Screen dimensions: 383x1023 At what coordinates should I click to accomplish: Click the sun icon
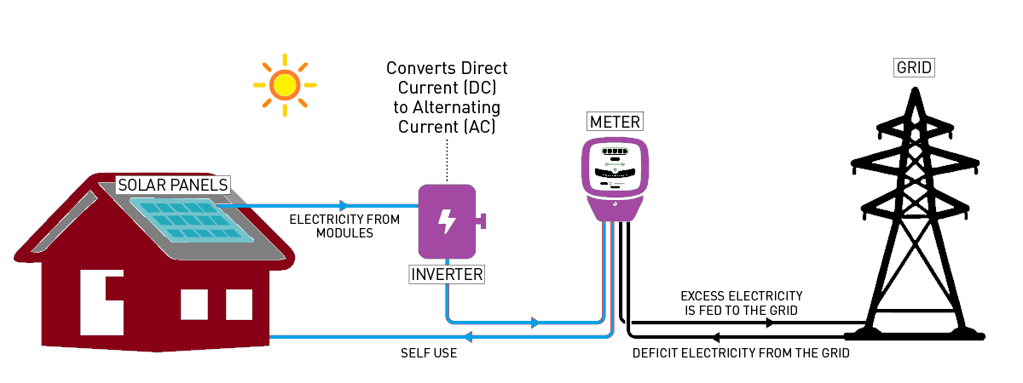[x=284, y=84]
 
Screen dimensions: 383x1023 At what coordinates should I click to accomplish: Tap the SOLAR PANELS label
[x=173, y=185]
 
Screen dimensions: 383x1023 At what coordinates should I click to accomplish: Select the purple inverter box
[x=447, y=221]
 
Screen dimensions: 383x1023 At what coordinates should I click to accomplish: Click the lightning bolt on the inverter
[x=447, y=221]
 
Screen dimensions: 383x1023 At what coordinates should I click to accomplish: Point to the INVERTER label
[x=448, y=275]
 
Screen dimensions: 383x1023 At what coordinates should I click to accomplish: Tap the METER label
[x=615, y=122]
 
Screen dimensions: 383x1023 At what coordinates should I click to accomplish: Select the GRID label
[x=915, y=67]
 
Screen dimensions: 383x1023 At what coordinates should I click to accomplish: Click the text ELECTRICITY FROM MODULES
[x=344, y=226]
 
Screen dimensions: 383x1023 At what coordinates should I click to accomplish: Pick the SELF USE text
[x=429, y=352]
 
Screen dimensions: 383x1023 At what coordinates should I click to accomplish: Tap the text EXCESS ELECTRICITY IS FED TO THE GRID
[x=742, y=303]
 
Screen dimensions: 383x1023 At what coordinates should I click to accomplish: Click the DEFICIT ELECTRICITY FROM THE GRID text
[x=740, y=352]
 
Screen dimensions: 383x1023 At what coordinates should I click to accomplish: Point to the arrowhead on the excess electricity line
[x=772, y=323]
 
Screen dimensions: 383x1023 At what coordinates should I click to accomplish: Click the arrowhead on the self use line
[x=475, y=336]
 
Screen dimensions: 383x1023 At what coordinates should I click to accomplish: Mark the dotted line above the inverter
[x=447, y=162]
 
